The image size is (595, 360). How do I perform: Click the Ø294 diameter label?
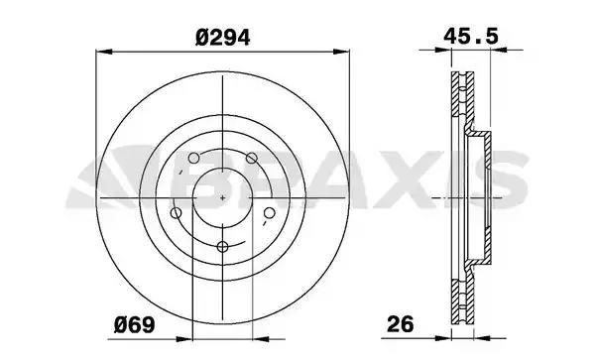[223, 38]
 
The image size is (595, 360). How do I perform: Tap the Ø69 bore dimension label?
[135, 325]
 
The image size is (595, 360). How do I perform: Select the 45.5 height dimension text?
[471, 37]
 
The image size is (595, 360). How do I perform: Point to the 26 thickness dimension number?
[401, 325]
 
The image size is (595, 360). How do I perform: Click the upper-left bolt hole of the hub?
[193, 158]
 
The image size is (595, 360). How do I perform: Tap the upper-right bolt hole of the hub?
[251, 158]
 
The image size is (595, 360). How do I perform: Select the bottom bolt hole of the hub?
[222, 247]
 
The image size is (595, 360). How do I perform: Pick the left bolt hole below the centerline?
[177, 213]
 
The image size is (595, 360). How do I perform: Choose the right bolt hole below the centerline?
[269, 213]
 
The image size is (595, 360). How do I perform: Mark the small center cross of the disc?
[223, 197]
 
